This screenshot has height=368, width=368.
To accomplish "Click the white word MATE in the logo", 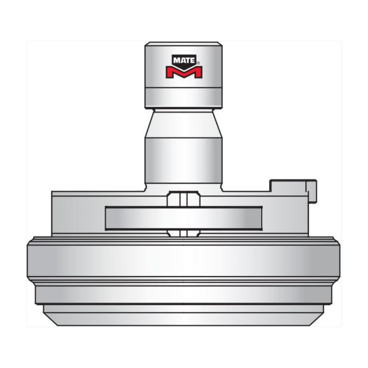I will coord(183,60).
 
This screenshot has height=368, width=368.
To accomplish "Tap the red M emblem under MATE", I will coord(183,72).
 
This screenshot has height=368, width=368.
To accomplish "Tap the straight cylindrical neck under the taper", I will coord(183,158).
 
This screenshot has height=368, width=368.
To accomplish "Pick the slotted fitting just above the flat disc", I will coord(183,200).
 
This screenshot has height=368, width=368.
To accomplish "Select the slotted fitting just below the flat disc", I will coord(183,232).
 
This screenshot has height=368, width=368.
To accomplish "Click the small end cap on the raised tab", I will coord(314,191).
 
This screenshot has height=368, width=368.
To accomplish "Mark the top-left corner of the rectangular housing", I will coord(52,192).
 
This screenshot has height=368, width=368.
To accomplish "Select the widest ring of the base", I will coord(183,260).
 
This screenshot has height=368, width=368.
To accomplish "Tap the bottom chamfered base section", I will coord(183,315).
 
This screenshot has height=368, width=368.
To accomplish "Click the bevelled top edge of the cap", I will coord(183,43).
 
